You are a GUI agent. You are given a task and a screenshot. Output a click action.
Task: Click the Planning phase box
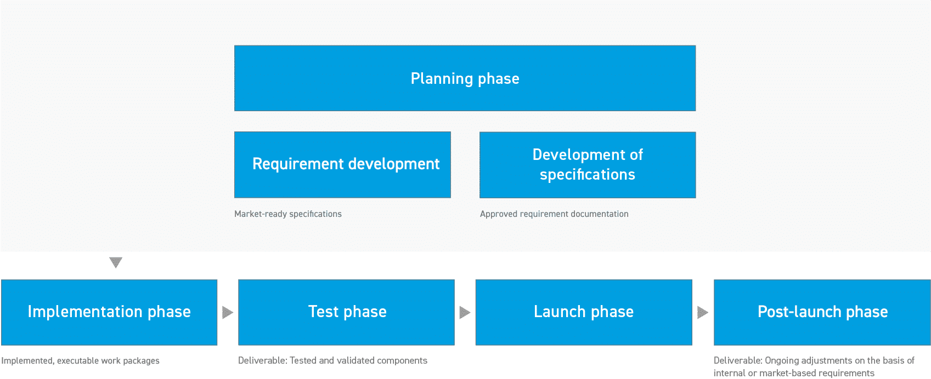point(465,78)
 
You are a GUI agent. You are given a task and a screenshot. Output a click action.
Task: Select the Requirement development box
point(342,164)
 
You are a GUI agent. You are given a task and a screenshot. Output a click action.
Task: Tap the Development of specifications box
point(588,165)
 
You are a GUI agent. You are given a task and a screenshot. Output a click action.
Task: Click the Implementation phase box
point(109,312)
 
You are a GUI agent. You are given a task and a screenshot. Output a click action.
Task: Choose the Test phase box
point(346,312)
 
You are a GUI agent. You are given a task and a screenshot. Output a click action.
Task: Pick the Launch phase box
point(584,312)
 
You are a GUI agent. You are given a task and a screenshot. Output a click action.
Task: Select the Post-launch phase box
point(822,312)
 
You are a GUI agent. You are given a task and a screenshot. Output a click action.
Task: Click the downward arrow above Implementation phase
point(116,262)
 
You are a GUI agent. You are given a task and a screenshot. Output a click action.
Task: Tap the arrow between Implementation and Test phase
point(227,312)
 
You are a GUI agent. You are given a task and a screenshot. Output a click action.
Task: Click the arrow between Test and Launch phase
point(465,312)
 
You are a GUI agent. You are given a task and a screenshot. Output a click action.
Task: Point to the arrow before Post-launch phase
point(702,312)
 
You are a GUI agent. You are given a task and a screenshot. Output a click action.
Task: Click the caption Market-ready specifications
point(288,214)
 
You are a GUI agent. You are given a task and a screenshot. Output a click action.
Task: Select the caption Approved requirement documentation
point(554,214)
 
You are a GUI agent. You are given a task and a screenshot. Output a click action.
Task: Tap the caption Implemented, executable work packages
point(80,361)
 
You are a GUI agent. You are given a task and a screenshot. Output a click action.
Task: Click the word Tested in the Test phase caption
point(303,360)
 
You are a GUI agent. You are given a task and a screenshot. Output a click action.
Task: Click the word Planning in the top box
point(442,79)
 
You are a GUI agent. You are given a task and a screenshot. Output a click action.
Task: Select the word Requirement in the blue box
point(297,164)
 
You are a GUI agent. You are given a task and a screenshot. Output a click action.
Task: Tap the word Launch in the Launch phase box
point(560,312)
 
